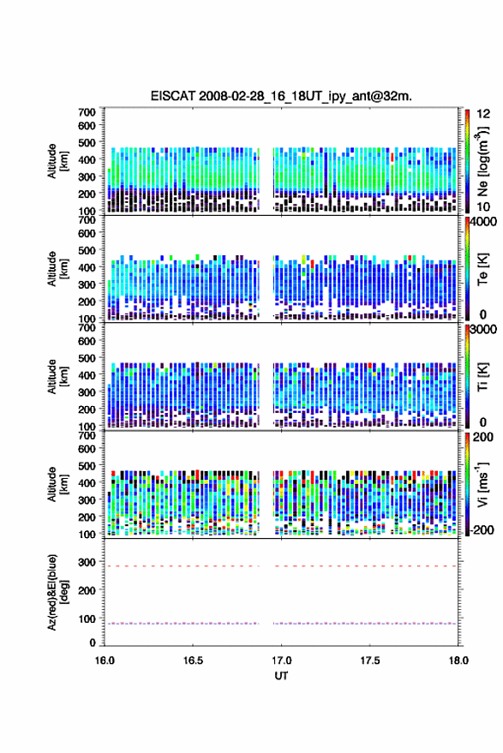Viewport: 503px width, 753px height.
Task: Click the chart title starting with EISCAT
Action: point(281,96)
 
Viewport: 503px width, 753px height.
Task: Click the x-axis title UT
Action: point(281,676)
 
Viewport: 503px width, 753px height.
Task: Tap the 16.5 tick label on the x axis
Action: point(193,660)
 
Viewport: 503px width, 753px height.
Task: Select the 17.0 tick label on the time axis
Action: point(281,660)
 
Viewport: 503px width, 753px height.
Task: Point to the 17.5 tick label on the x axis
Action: point(369,660)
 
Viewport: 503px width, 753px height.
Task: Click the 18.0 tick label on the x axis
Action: point(458,660)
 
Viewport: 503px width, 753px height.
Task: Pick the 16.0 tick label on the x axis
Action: point(105,660)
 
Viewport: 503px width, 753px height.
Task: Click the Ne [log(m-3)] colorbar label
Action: point(482,161)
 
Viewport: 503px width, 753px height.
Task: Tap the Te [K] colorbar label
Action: point(482,269)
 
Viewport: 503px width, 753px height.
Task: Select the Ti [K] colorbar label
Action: point(482,377)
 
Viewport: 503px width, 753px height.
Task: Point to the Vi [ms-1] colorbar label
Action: point(482,484)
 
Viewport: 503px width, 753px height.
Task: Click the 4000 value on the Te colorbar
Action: point(483,222)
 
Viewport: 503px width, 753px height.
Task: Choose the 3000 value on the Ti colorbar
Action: point(483,330)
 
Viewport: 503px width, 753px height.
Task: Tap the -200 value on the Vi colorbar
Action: point(481,529)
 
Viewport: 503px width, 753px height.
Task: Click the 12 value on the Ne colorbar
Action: point(484,114)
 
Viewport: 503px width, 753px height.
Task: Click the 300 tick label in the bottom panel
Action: point(87,562)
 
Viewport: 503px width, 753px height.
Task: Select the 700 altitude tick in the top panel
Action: point(87,112)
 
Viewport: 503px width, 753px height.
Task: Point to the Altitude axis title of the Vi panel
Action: point(57,484)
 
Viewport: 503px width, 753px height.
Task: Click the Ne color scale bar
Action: point(467,161)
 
